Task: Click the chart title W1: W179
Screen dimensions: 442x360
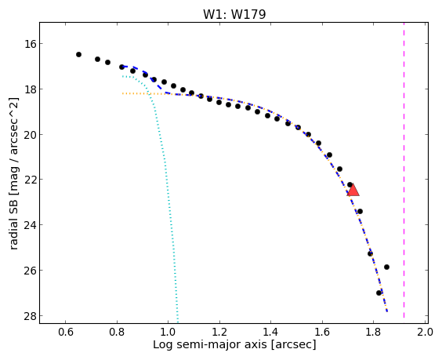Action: [x=234, y=14]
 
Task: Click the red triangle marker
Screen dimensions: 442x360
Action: [x=353, y=190]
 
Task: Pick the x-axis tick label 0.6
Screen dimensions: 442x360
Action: [x=66, y=332]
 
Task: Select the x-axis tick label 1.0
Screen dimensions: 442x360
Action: [x=168, y=332]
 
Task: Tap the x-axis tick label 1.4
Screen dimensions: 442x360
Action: [x=270, y=332]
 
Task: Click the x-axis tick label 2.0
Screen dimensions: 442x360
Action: [x=425, y=332]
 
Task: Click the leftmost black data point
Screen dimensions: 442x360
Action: [x=78, y=54]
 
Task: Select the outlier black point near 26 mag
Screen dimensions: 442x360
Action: [x=386, y=267]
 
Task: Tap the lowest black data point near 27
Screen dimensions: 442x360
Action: [x=379, y=293]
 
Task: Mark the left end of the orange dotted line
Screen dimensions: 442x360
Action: [x=122, y=93]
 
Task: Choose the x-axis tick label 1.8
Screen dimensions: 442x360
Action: [x=373, y=332]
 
